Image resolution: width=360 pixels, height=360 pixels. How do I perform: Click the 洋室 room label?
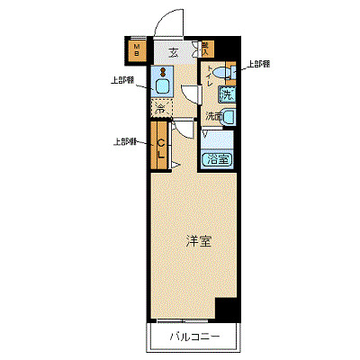(199, 240)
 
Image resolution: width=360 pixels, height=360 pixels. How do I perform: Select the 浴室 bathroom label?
(218, 160)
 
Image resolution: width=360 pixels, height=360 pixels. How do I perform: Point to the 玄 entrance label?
(173, 52)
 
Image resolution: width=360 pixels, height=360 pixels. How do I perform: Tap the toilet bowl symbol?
(221, 76)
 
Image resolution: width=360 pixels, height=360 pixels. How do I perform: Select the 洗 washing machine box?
(227, 94)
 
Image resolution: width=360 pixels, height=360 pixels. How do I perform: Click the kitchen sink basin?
(163, 86)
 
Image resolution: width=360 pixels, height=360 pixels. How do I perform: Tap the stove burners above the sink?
(162, 71)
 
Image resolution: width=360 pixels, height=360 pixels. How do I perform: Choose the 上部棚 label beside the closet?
(125, 141)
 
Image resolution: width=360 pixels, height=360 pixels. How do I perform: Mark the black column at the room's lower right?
(229, 309)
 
